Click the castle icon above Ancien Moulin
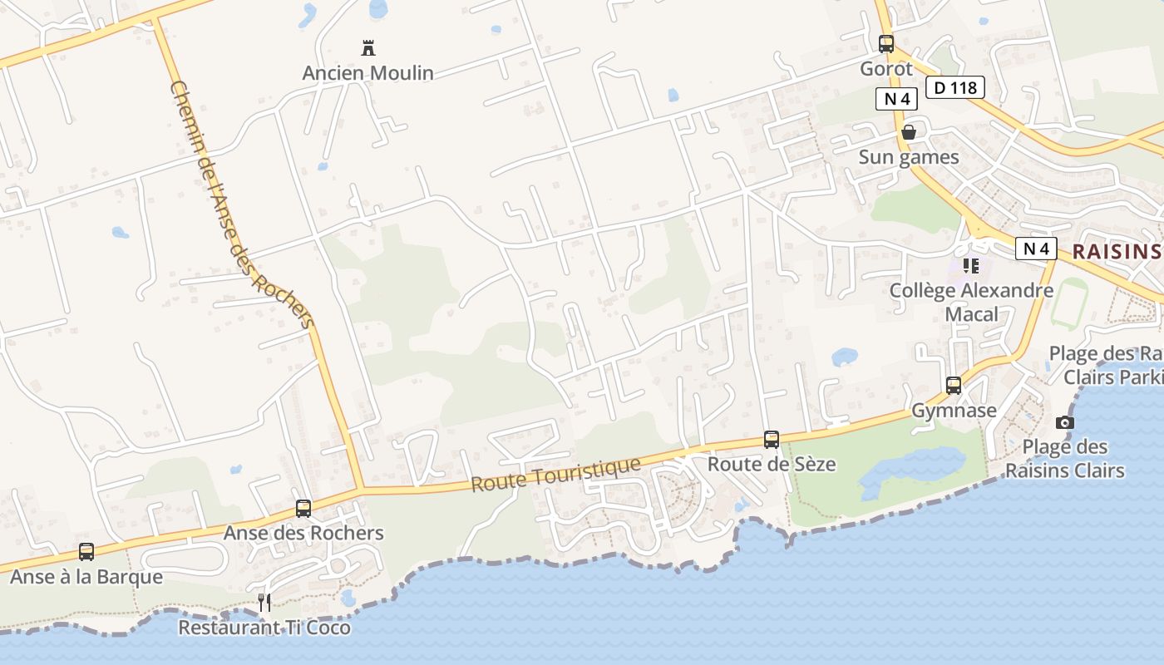[x=368, y=48]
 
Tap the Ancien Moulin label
[x=368, y=73]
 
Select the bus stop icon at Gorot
[x=886, y=44]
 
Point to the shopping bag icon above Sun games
[x=909, y=132]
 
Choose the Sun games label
[x=909, y=157]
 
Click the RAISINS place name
[x=1116, y=252]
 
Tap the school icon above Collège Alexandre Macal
[x=970, y=266]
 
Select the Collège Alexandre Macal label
[x=971, y=303]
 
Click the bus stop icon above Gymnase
[x=954, y=386]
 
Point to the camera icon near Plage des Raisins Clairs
[x=1065, y=422]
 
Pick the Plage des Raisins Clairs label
[x=1065, y=459]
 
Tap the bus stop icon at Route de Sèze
[x=772, y=440]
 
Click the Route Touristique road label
[x=556, y=474]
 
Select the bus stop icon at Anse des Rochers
[x=303, y=509]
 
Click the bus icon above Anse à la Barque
[x=86, y=551]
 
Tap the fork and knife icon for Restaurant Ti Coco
[x=264, y=603]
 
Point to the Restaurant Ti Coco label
[x=264, y=628]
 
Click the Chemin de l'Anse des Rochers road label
[x=241, y=204]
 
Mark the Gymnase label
[x=954, y=411]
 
